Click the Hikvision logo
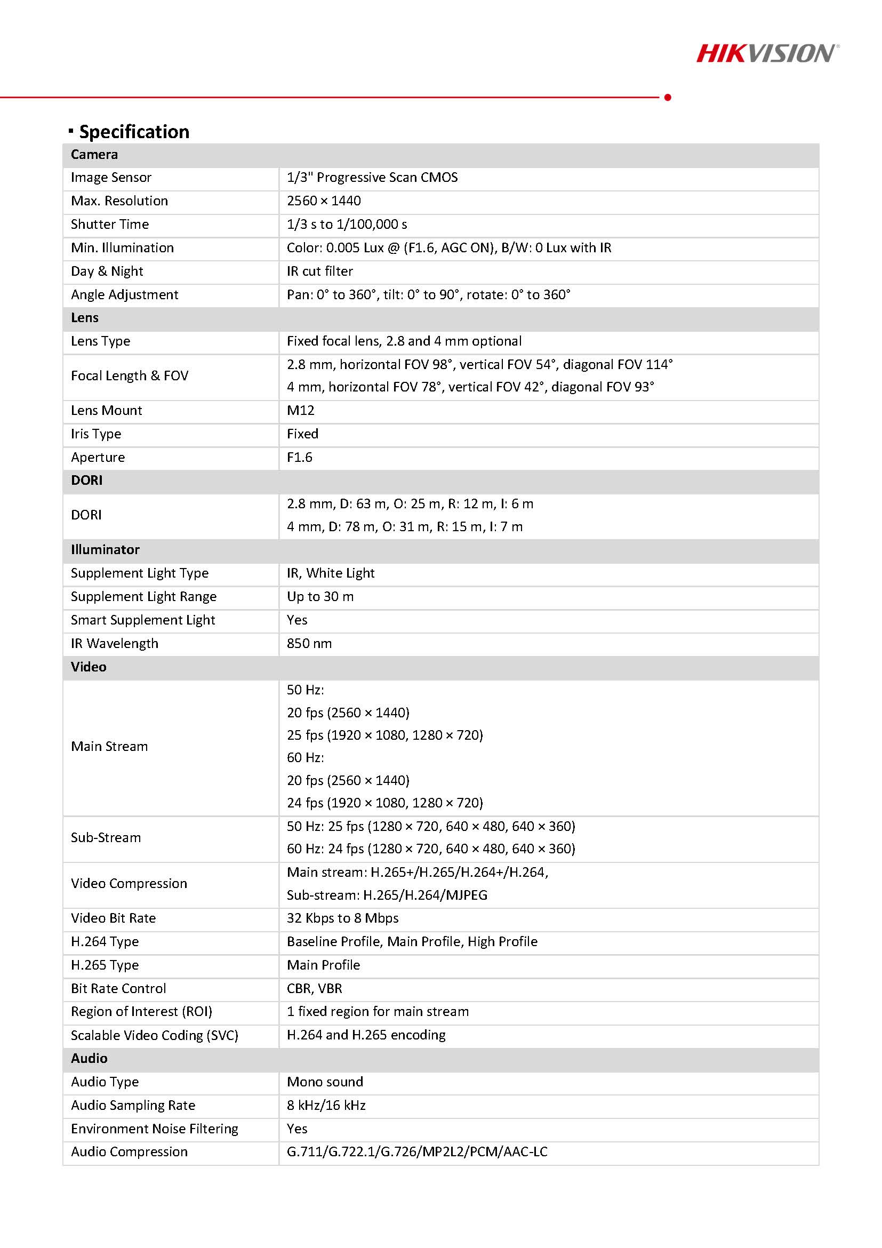(x=767, y=53)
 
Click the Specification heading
(x=134, y=132)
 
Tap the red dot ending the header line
(x=667, y=97)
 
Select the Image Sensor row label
(x=111, y=178)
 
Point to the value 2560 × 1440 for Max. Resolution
(x=323, y=201)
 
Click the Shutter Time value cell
(x=347, y=225)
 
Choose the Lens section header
(x=85, y=318)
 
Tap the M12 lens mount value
(x=301, y=410)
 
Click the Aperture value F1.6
(x=300, y=457)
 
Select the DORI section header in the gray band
(x=86, y=481)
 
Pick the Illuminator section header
(x=105, y=549)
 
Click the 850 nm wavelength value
(x=309, y=644)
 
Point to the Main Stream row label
(x=109, y=746)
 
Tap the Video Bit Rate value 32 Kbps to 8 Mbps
(x=342, y=918)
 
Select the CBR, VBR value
(x=315, y=988)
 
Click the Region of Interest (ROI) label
(x=141, y=1012)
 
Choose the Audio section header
(x=89, y=1058)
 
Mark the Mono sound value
(x=325, y=1082)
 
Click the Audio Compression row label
(x=129, y=1152)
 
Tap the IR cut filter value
(x=319, y=271)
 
